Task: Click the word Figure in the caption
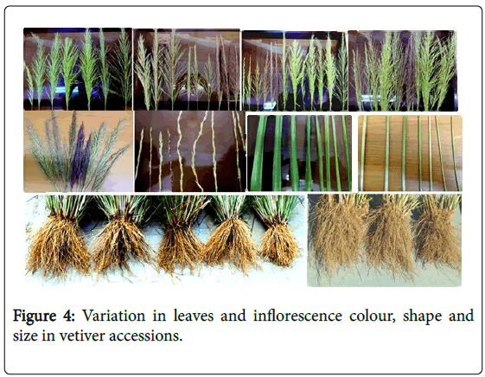pos(35,316)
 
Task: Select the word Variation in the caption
pos(113,316)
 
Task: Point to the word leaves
pos(194,316)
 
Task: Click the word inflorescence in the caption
pos(297,316)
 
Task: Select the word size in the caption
pos(24,335)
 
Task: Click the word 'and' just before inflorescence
pos(233,316)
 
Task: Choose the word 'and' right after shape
pos(461,316)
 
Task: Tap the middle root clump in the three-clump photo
pos(391,237)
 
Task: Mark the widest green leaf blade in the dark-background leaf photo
pos(259,154)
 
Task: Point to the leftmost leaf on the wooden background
pos(362,153)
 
